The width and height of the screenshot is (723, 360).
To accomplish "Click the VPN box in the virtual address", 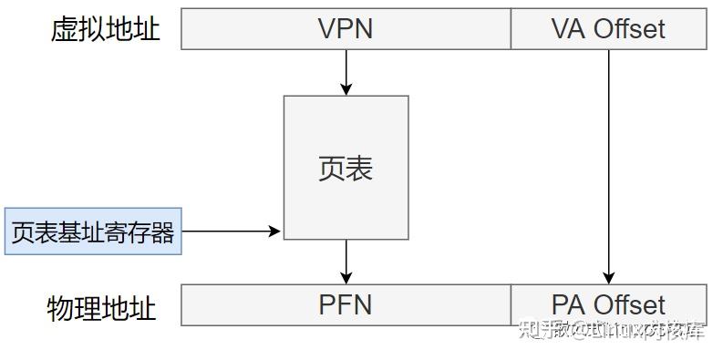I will [x=346, y=29].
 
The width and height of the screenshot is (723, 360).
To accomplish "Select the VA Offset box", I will [x=608, y=29].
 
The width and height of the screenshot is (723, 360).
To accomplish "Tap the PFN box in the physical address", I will [x=346, y=304].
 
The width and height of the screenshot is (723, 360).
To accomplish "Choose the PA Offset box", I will [x=608, y=304].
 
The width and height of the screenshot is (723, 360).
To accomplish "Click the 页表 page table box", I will [x=346, y=168].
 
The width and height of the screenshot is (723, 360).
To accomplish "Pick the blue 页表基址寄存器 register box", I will [x=92, y=231].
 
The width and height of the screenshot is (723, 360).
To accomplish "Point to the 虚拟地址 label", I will [x=105, y=29].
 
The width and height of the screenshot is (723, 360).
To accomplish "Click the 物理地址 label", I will [x=101, y=307].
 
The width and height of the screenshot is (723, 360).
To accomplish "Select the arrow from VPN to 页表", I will [x=346, y=71].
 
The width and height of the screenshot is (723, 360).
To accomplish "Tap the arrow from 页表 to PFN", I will [x=346, y=261].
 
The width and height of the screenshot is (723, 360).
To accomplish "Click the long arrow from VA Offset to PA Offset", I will [x=609, y=164].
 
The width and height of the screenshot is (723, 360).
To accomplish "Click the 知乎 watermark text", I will [x=538, y=330].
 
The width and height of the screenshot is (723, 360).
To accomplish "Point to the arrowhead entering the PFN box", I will [x=346, y=278].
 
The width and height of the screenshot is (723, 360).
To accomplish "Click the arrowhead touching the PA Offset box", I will [x=609, y=278].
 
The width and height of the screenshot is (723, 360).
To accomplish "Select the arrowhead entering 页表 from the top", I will [x=346, y=89].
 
